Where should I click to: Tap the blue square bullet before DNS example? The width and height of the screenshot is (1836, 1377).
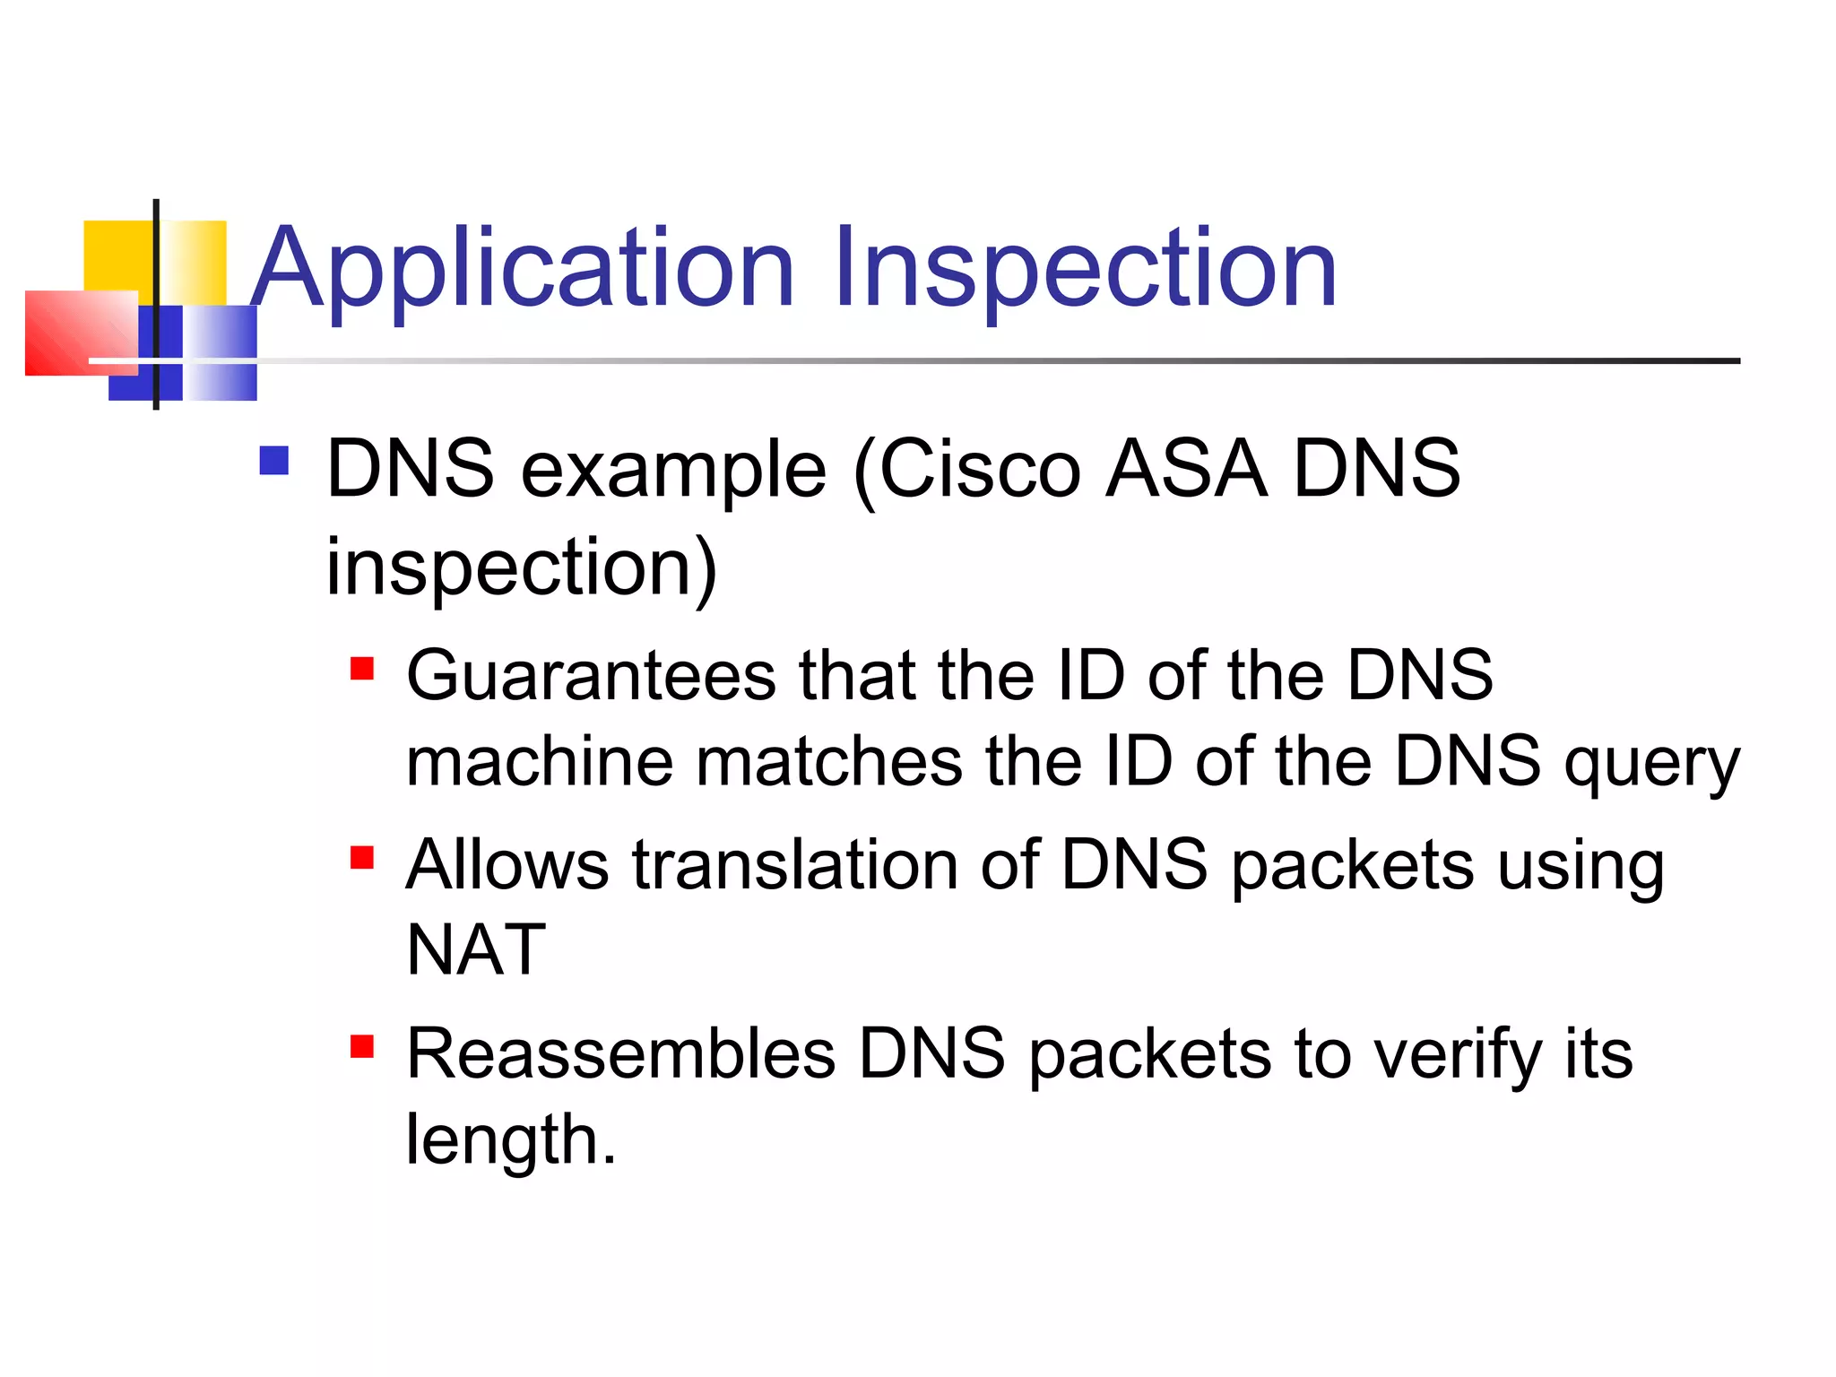point(273,461)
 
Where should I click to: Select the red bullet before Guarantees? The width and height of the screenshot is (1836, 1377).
point(362,669)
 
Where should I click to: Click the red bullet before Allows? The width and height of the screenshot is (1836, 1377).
point(362,858)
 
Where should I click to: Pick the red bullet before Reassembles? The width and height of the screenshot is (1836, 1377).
point(362,1046)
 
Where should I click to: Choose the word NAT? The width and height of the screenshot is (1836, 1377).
point(476,950)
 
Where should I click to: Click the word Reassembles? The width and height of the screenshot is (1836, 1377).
point(620,1054)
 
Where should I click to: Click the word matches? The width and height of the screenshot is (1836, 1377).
point(829,762)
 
